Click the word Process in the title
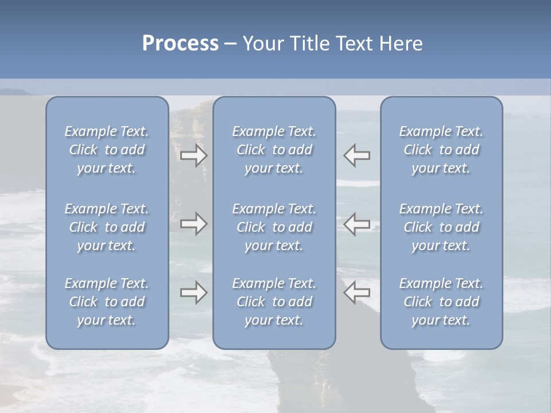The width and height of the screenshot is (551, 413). (x=180, y=44)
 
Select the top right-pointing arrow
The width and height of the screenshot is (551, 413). (x=194, y=155)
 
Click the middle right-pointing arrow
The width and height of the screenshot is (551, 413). (x=194, y=224)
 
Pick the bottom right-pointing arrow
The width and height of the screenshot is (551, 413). (x=194, y=293)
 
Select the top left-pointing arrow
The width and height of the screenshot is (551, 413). (x=357, y=155)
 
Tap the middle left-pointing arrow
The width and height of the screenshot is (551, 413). (x=357, y=224)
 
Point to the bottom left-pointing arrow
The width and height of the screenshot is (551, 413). (x=357, y=293)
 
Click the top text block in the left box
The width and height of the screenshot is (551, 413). (x=107, y=150)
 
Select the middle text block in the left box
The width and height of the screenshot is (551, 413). (x=107, y=227)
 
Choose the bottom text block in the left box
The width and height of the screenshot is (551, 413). (x=107, y=302)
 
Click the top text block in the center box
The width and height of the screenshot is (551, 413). (x=274, y=150)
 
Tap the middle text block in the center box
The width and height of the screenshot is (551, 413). (x=274, y=227)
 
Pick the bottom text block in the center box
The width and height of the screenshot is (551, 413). (x=274, y=302)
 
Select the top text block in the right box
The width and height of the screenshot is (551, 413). (x=441, y=150)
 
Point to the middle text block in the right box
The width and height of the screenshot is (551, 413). (x=441, y=227)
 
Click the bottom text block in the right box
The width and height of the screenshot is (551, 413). (x=441, y=302)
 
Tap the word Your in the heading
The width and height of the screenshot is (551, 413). (x=263, y=44)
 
